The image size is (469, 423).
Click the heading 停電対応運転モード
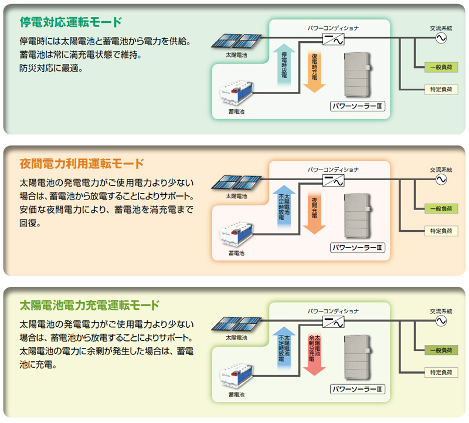pyautogui.click(x=71, y=22)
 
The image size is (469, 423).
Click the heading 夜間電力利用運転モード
pyautogui.click(x=81, y=164)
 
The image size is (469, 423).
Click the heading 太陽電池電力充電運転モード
pyautogui.click(x=90, y=305)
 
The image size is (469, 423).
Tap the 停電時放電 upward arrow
pyautogui.click(x=284, y=66)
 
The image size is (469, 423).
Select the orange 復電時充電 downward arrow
pyautogui.click(x=314, y=71)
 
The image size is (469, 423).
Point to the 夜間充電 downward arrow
pyautogui.click(x=314, y=212)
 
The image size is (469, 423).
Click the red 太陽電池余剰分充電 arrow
pyautogui.click(x=314, y=354)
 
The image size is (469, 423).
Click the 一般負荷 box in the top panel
pyautogui.click(x=441, y=67)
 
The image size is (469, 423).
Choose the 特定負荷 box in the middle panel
pyautogui.click(x=441, y=231)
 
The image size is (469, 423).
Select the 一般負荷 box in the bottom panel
pyautogui.click(x=441, y=350)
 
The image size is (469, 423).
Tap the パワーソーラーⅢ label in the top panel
pyautogui.click(x=357, y=106)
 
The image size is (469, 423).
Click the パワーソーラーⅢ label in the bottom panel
pyautogui.click(x=357, y=389)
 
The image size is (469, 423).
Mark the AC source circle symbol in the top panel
pyautogui.click(x=441, y=38)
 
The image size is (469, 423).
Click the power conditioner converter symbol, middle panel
pyautogui.click(x=333, y=181)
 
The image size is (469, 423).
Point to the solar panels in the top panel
pyautogui.click(x=236, y=41)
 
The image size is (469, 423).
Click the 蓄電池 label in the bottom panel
pyautogui.click(x=236, y=395)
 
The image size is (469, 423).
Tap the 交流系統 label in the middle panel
pyautogui.click(x=441, y=170)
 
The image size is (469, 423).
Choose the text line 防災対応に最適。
pyautogui.click(x=51, y=68)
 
